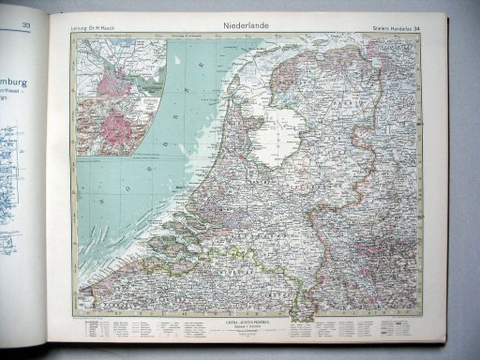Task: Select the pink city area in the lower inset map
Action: point(121,123)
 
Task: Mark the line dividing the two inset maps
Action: point(117,99)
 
